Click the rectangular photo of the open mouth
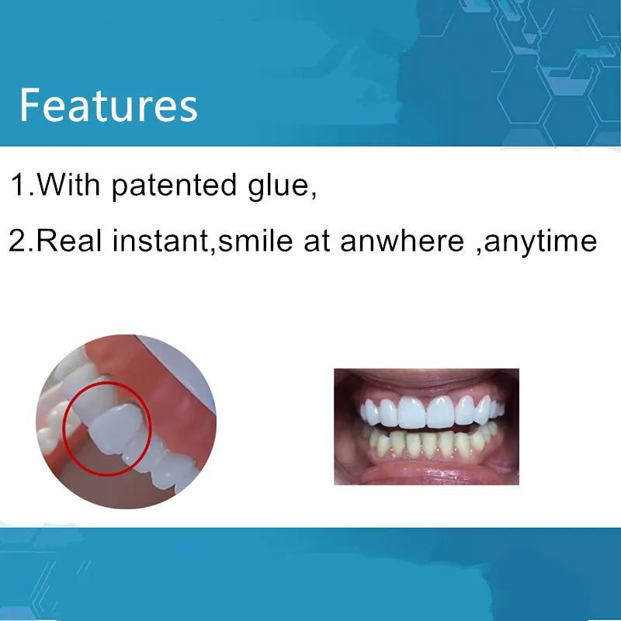tap(425, 426)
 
